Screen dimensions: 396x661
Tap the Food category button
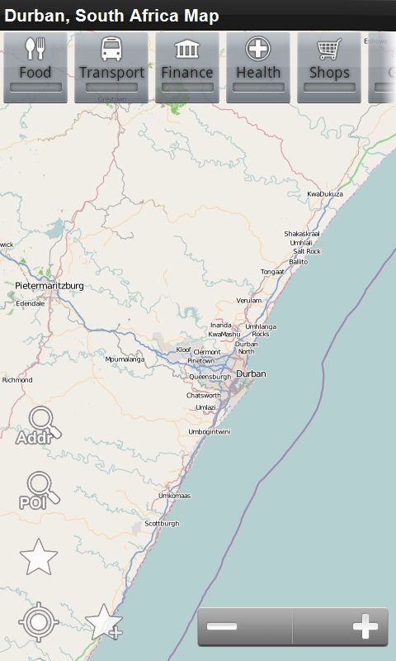click(35, 67)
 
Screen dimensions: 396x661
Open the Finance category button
click(187, 67)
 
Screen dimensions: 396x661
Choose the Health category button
click(258, 67)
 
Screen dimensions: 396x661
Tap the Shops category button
click(329, 67)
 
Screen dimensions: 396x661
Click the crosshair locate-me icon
click(38, 621)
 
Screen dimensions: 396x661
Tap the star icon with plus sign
click(104, 622)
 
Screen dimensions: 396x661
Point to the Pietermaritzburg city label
click(49, 286)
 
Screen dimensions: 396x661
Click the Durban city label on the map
click(252, 374)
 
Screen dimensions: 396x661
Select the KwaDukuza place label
click(325, 194)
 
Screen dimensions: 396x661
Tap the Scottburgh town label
click(162, 524)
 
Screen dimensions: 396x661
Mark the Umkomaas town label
click(175, 496)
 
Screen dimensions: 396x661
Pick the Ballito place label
click(298, 262)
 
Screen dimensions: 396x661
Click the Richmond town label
click(17, 380)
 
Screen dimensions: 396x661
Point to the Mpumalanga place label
click(125, 359)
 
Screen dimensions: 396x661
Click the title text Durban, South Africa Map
click(112, 16)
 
